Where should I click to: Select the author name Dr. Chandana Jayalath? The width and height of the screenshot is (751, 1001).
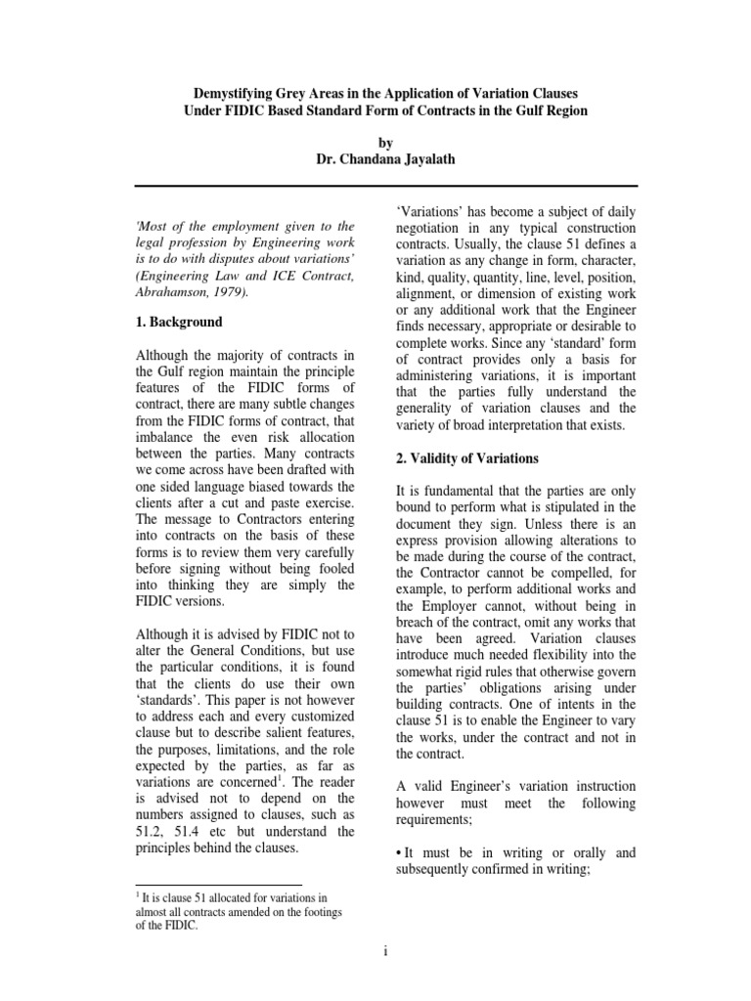click(x=375, y=159)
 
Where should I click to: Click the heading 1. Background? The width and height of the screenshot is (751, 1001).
click(x=178, y=322)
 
